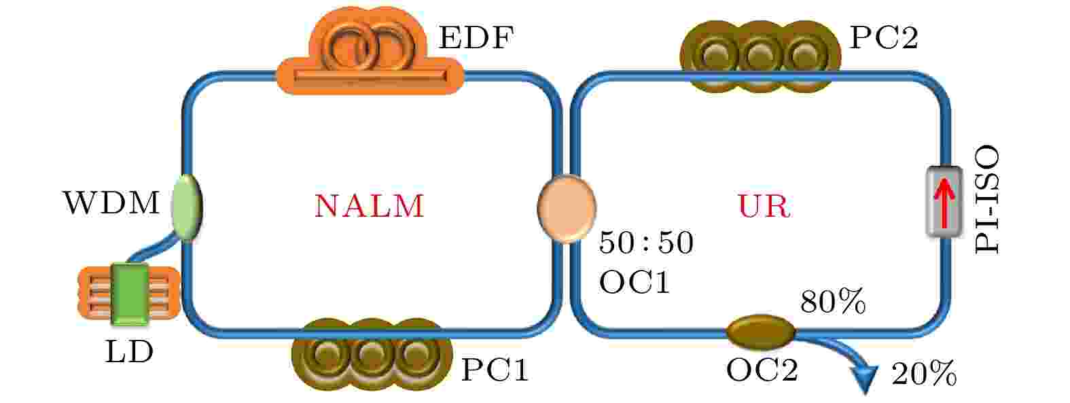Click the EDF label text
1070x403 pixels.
pos(476,37)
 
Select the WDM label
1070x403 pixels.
pos(111,203)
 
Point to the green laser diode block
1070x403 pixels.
pos(130,294)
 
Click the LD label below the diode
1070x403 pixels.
pos(129,352)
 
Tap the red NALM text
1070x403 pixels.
pos(369,206)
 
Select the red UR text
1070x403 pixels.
pos(764,206)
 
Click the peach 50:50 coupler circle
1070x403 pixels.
pos(567,209)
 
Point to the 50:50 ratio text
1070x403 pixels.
pos(646,243)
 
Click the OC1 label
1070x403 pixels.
pos(635,282)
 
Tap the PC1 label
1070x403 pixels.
pos(495,370)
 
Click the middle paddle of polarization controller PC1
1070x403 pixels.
pos(370,354)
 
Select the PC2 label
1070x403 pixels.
pos(884,37)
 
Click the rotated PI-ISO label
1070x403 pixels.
pos(987,199)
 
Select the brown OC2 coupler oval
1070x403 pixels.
pos(760,332)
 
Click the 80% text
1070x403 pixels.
pos(833,302)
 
